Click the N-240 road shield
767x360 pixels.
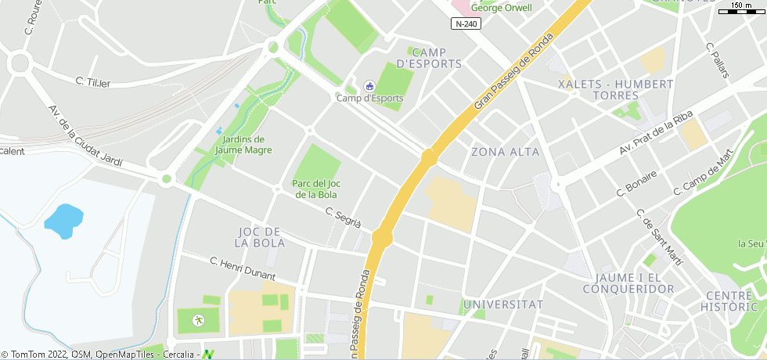click(x=466, y=23)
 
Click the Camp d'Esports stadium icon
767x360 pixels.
click(x=369, y=85)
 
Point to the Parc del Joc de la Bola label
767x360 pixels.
click(x=316, y=189)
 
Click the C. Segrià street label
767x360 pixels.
click(x=344, y=218)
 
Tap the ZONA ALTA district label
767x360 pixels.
click(x=506, y=151)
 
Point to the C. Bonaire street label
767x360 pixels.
click(x=636, y=183)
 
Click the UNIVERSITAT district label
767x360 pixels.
click(x=503, y=304)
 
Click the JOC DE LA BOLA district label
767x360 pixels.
click(x=259, y=237)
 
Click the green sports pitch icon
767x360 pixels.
click(x=197, y=319)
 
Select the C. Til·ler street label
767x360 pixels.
click(x=93, y=81)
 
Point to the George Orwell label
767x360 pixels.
click(x=501, y=8)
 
